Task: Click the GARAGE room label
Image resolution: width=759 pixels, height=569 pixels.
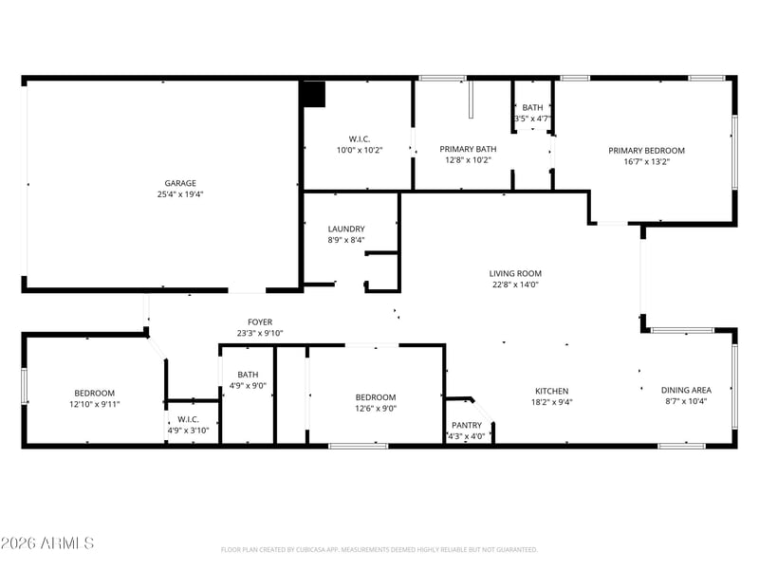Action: [x=180, y=183]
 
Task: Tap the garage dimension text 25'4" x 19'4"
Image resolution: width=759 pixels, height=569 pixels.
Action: [x=180, y=194]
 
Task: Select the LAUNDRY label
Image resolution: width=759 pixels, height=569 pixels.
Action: [x=346, y=229]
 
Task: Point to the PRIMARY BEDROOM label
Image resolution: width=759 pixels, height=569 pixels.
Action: [x=646, y=151]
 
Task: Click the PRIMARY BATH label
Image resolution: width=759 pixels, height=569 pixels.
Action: [x=468, y=149]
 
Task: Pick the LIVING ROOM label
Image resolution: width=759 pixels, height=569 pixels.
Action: [x=515, y=273]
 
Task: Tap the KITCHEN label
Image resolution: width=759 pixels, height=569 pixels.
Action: [x=551, y=391]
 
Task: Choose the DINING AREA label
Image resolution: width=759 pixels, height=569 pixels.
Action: [x=686, y=390]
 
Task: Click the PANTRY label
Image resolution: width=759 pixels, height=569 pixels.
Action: [x=467, y=425]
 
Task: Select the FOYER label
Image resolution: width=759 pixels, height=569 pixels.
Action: [x=260, y=321]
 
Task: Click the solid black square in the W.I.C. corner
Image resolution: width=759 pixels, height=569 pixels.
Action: [x=313, y=94]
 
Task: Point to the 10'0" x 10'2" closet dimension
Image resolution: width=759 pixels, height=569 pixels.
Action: [x=360, y=150]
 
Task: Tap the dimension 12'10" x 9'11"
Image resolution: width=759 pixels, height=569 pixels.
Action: [x=94, y=404]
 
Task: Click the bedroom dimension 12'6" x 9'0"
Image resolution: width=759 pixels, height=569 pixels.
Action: [x=376, y=408]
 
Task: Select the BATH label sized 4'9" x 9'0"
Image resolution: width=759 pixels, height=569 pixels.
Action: [x=248, y=375]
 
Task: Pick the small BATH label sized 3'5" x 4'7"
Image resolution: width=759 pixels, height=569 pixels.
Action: [x=532, y=107]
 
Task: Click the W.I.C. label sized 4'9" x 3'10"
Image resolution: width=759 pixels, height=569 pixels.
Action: [x=188, y=419]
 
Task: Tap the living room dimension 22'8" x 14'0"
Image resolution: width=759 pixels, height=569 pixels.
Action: [x=515, y=284]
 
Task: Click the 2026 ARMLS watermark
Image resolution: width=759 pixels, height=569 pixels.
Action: [x=47, y=542]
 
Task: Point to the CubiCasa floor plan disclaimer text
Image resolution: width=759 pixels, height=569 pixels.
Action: [x=379, y=550]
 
